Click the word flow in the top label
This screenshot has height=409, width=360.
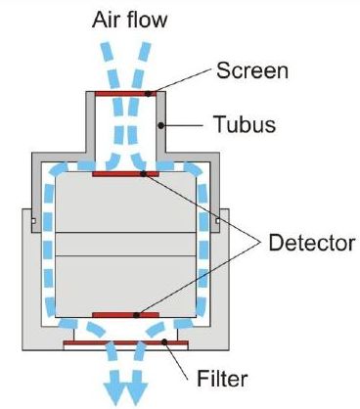pyautogui.click(x=148, y=19)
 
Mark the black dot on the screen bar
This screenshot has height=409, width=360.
pyautogui.click(x=148, y=94)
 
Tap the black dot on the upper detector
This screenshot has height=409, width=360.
pyautogui.click(x=142, y=174)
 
